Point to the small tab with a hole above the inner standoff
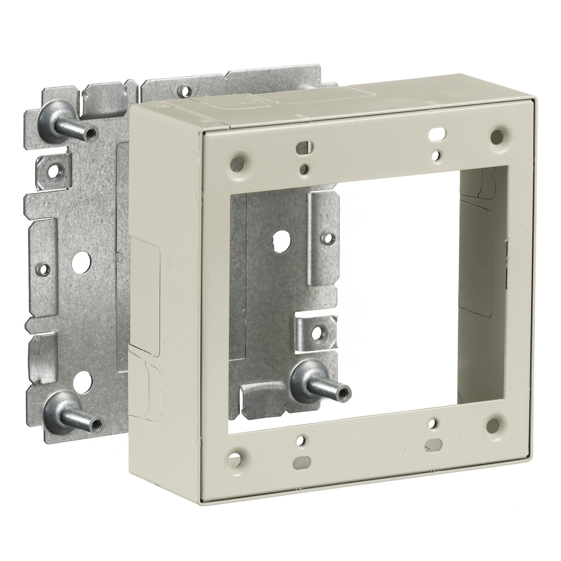317,332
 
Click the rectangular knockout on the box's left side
144,271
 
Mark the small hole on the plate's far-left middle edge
44,269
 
